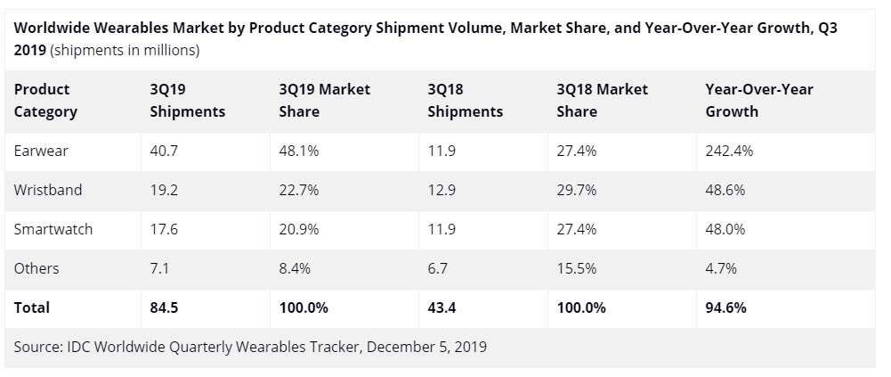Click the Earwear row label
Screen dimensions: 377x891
coord(41,151)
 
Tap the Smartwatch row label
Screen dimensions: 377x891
coord(53,229)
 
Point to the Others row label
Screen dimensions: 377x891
coord(36,268)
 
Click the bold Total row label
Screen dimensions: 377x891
coord(32,307)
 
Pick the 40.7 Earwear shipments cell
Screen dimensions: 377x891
coord(164,151)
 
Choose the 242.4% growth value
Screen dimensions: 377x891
coord(729,151)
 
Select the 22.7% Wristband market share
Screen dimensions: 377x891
coord(299,190)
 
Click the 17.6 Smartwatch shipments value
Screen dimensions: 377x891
coord(164,229)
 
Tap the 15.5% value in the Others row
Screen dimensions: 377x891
coord(576,268)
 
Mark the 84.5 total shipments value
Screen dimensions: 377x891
coord(165,307)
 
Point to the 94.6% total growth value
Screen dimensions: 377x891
coord(726,307)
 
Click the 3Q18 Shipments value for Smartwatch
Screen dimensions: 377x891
coord(441,229)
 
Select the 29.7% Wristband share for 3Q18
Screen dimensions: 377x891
coord(576,190)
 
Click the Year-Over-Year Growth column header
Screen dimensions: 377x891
coord(758,100)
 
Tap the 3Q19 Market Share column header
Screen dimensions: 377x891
coord(324,100)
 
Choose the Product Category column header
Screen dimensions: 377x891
coord(45,100)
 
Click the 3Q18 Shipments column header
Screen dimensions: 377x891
coord(465,100)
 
